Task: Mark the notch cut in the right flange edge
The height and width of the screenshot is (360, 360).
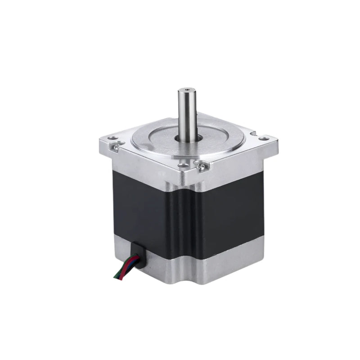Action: [255, 133]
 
